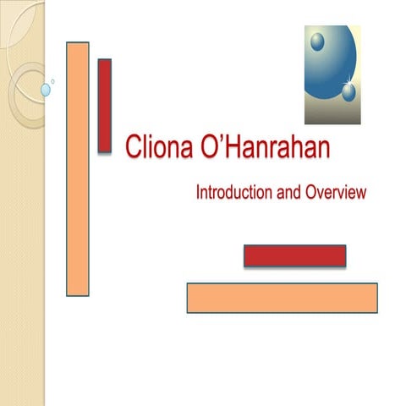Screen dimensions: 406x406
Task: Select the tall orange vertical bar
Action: point(78,168)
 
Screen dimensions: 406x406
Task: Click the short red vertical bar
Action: point(105,105)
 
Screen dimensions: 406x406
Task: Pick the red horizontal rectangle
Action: point(294,255)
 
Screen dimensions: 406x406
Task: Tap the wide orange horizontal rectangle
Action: point(282,298)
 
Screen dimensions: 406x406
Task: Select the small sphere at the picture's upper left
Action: point(317,41)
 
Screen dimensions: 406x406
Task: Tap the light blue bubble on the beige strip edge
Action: point(46,89)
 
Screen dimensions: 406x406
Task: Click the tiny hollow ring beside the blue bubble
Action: point(53,82)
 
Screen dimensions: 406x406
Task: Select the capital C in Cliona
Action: point(132,150)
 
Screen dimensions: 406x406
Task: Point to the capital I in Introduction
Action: point(198,193)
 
